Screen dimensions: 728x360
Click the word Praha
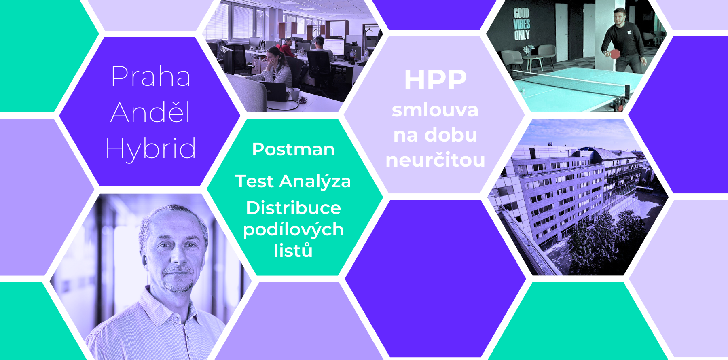(151, 76)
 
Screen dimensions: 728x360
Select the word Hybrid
(151, 149)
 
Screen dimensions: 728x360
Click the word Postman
(293, 149)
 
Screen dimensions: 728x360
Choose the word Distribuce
(293, 208)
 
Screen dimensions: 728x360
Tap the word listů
(293, 250)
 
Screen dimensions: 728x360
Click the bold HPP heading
(435, 80)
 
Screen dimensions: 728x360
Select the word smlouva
(435, 110)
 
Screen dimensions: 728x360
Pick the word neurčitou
(435, 160)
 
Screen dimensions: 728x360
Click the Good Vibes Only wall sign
(522, 24)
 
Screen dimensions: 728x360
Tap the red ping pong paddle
(615, 53)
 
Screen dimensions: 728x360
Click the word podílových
(293, 230)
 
